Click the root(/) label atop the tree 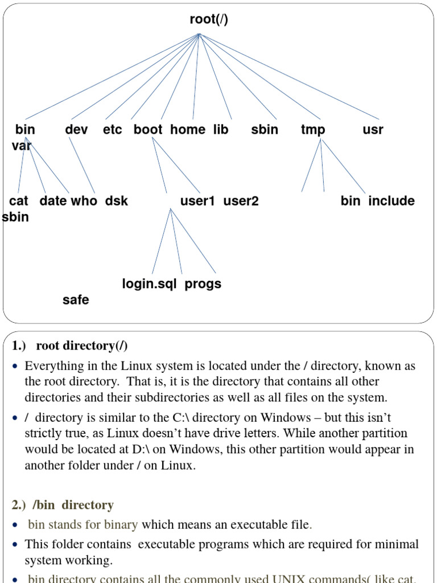[x=209, y=20]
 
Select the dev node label [x=77, y=130]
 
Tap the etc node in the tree [x=113, y=130]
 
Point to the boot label [x=148, y=130]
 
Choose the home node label [x=188, y=130]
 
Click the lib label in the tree [x=221, y=130]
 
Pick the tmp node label [x=313, y=130]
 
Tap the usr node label [x=373, y=130]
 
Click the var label [x=22, y=146]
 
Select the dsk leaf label [x=117, y=201]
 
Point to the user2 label [x=241, y=201]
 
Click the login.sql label [x=150, y=284]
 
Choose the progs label [x=203, y=284]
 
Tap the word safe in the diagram [x=76, y=300]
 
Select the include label [x=391, y=201]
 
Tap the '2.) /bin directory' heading [x=63, y=505]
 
